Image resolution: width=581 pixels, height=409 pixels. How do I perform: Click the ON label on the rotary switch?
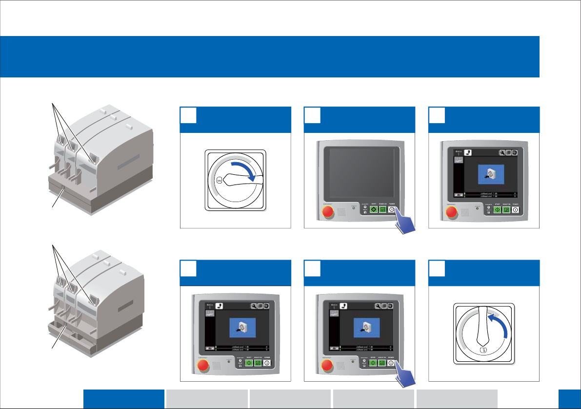[x=219, y=180]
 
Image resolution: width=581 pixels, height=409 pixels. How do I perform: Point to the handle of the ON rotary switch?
[x=244, y=181]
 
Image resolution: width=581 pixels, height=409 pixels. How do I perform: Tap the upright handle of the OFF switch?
[x=483, y=326]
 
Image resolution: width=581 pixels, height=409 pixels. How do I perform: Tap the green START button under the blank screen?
[x=374, y=210]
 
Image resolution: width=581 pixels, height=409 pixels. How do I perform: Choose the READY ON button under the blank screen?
[x=383, y=210]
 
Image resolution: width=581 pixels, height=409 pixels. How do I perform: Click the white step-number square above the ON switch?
[x=189, y=115]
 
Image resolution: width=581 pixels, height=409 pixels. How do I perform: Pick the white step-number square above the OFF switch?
[x=437, y=268]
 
